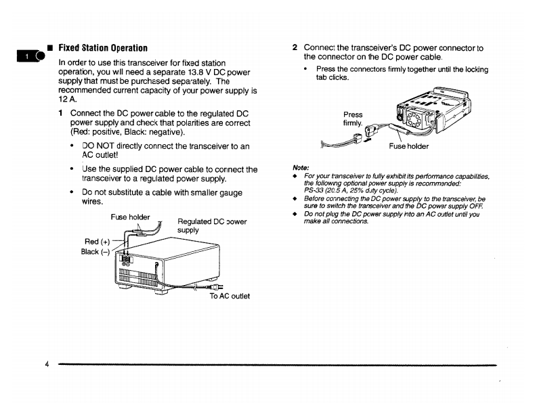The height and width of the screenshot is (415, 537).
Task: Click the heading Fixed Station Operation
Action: [x=103, y=48]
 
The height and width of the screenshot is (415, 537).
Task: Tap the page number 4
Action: [x=47, y=364]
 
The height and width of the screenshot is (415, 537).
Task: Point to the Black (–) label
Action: [x=95, y=252]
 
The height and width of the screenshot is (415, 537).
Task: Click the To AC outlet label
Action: [x=230, y=296]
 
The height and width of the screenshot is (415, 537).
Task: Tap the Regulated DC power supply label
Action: [x=211, y=225]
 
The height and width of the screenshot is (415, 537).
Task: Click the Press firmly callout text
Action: [x=353, y=119]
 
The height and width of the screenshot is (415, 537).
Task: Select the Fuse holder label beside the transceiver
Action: [x=409, y=146]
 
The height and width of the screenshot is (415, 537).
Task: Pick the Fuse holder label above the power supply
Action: [x=130, y=217]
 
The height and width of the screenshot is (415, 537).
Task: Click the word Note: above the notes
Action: [x=301, y=167]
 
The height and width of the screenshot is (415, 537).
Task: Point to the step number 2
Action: [x=295, y=48]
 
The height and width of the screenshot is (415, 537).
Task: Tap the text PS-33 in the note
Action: [x=315, y=190]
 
